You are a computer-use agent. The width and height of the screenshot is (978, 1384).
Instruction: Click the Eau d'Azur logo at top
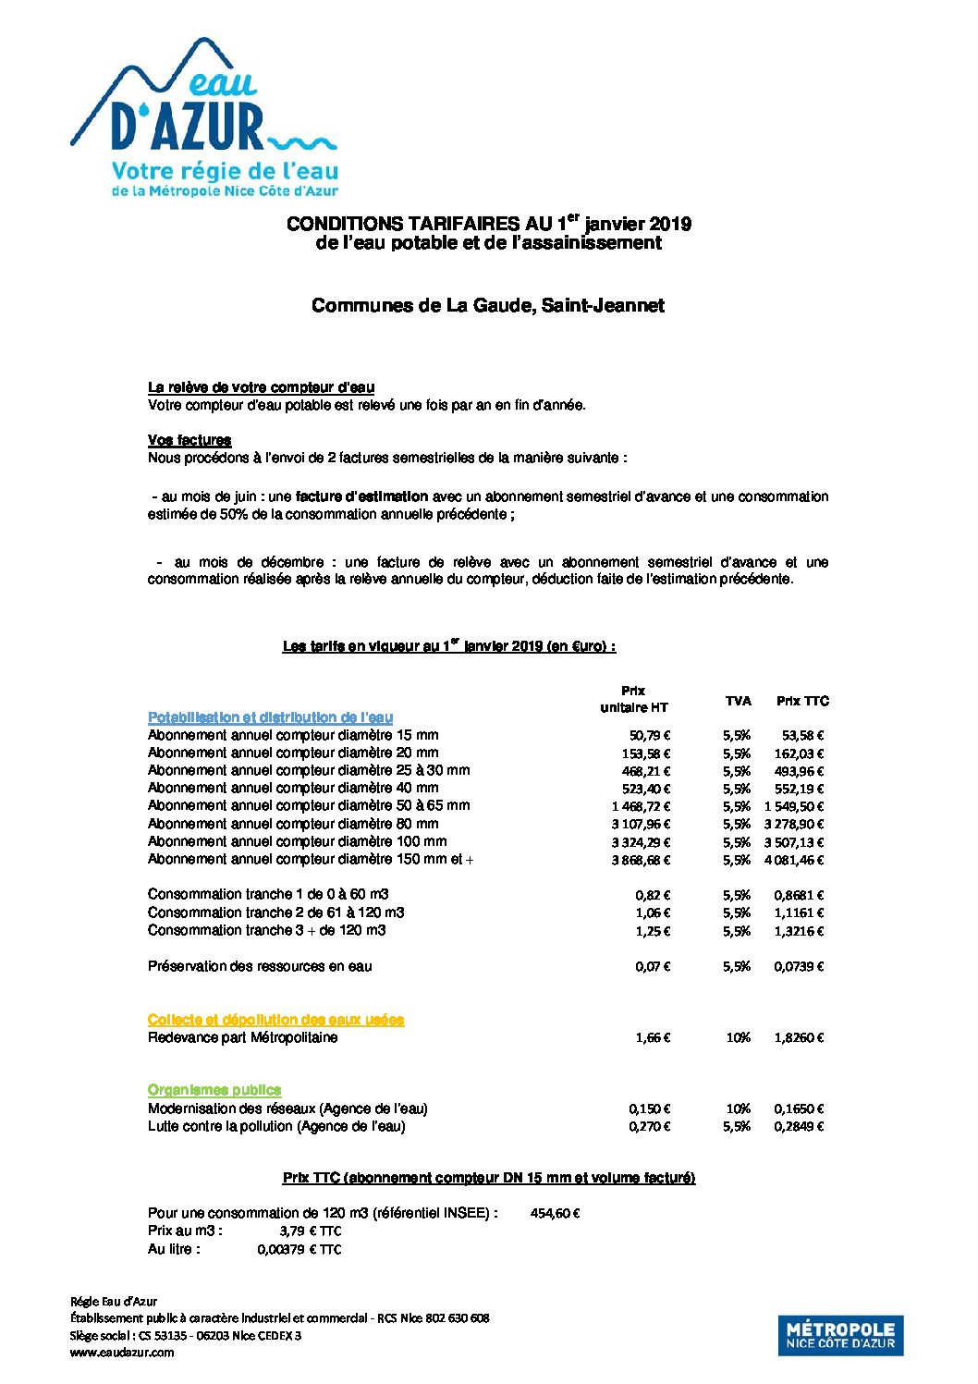[x=204, y=118]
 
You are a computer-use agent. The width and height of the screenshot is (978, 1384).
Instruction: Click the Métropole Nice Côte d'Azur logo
[x=840, y=1335]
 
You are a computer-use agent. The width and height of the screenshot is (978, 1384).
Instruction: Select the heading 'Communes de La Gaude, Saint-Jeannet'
[x=487, y=305]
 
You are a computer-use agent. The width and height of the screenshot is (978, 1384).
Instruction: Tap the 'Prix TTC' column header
[x=802, y=701]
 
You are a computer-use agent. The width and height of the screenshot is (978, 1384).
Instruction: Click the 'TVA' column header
[x=738, y=701]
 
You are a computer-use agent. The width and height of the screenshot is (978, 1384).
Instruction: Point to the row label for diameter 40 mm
[x=293, y=788]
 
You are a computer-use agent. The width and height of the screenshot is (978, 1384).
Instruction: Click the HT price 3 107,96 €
[x=641, y=824]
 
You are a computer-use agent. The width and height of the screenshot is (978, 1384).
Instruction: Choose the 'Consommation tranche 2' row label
[x=275, y=912]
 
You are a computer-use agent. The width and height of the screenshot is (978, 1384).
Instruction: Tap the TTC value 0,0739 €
[x=799, y=966]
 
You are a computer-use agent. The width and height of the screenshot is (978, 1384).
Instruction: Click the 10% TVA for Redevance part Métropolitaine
[x=738, y=1037]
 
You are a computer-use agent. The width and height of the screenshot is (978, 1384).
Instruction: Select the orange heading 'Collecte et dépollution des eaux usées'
[x=275, y=1019]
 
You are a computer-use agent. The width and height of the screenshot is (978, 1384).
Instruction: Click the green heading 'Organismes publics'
[x=214, y=1090]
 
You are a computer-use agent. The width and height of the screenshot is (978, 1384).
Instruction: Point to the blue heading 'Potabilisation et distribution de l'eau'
[x=270, y=717]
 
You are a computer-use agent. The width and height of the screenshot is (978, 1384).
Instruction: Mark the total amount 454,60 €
[x=555, y=1213]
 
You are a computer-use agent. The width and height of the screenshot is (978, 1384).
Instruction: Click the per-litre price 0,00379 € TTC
[x=299, y=1249]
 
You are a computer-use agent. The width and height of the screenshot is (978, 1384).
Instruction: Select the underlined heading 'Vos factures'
[x=189, y=440]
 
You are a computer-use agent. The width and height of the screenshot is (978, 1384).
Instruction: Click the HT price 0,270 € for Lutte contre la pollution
[x=649, y=1126]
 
